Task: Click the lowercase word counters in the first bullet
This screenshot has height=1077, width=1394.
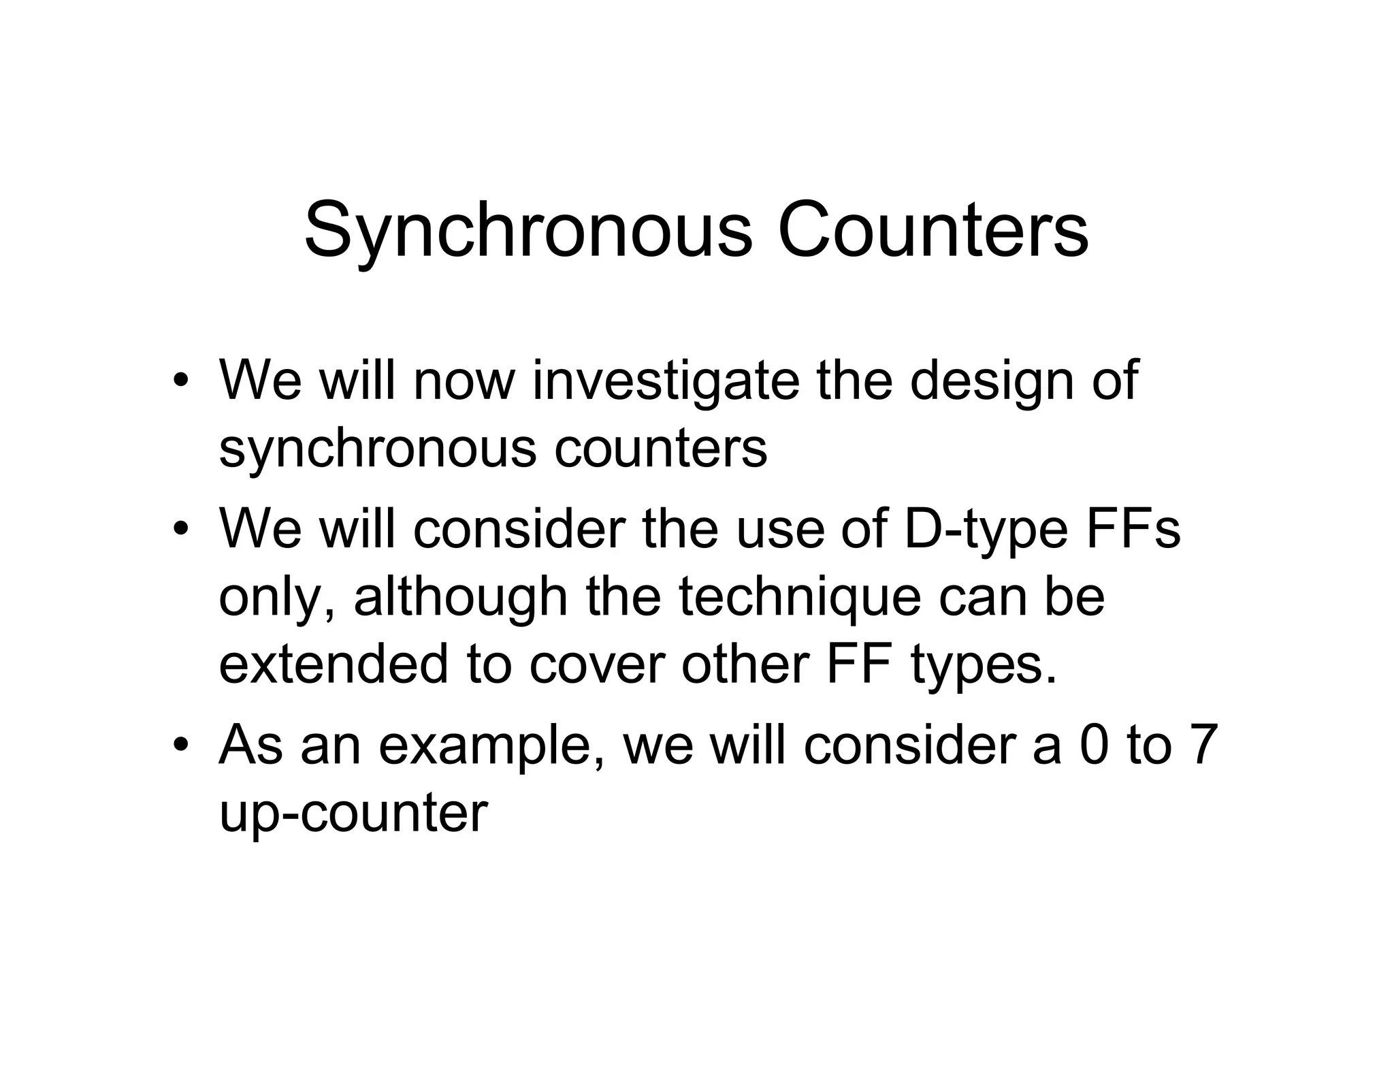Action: tap(660, 449)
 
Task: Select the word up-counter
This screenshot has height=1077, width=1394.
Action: tap(353, 812)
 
